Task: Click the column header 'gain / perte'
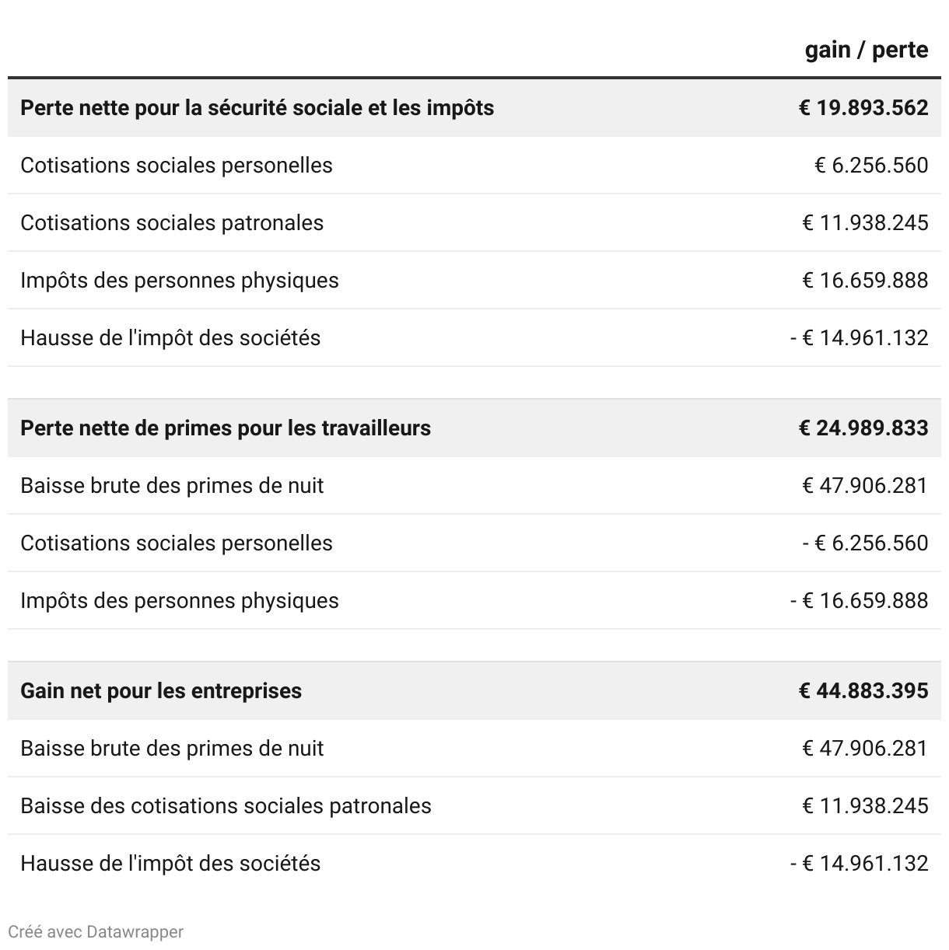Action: [866, 50]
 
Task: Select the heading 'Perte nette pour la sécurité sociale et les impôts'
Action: [257, 107]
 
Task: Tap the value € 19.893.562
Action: [863, 107]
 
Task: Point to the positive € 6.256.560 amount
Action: [870, 165]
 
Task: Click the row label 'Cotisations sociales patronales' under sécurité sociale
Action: [172, 222]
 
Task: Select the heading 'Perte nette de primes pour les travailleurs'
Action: [226, 428]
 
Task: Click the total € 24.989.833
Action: [863, 428]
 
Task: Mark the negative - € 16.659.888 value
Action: [859, 600]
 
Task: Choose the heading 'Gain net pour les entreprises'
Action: [161, 690]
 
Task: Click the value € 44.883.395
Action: [863, 690]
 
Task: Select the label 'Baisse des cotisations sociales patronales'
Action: [226, 805]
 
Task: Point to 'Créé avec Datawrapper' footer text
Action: [96, 931]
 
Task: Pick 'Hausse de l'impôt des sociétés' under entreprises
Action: [170, 863]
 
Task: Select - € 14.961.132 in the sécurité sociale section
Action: [859, 337]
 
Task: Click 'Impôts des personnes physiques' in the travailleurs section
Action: [180, 600]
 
